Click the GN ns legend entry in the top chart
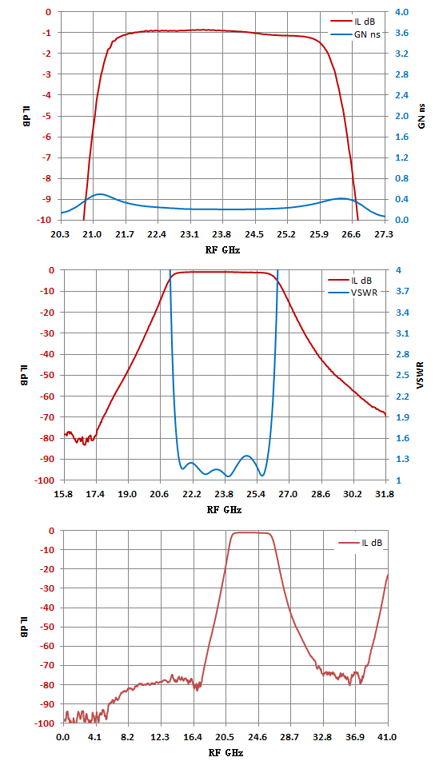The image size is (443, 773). tap(355, 34)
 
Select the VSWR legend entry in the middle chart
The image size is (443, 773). tap(353, 293)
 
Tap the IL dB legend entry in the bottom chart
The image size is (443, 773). tap(360, 543)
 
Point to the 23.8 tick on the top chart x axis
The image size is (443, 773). tap(221, 234)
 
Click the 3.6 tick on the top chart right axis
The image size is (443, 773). tap(402, 33)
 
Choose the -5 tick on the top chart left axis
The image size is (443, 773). tap(48, 117)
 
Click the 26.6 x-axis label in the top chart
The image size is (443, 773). tap(351, 234)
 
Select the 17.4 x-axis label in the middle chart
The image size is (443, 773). tap(95, 494)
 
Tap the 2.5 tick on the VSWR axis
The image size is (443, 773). tap(402, 375)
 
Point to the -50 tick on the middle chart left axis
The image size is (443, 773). tap(46, 375)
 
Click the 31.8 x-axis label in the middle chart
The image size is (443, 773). tap(385, 494)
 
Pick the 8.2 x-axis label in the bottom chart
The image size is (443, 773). tap(128, 738)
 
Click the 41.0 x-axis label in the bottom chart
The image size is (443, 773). tap(387, 738)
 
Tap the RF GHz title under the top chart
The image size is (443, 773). tap(222, 249)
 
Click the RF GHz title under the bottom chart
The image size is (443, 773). tap(225, 753)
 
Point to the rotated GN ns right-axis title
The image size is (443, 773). tap(421, 117)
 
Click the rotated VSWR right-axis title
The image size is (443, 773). tap(421, 375)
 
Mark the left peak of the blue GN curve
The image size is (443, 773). tap(100, 194)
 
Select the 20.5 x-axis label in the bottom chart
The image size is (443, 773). tap(225, 738)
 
